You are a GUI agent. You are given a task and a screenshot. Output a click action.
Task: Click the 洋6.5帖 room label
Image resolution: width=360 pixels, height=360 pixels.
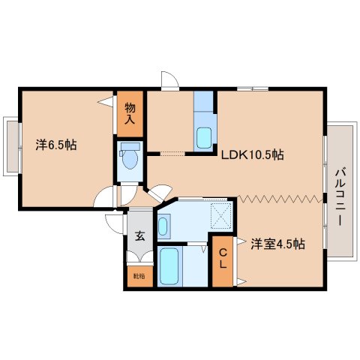coord(56,145)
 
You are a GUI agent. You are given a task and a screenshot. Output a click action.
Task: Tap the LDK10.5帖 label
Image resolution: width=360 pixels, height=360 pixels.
coord(253,154)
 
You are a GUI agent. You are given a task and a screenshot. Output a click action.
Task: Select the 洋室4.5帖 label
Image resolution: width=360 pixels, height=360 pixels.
coord(277,244)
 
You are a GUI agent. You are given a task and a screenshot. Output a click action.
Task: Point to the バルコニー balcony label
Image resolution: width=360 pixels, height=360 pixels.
coord(340,197)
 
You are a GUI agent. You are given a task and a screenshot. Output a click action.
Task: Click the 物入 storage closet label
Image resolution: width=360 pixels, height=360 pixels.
coord(130,114)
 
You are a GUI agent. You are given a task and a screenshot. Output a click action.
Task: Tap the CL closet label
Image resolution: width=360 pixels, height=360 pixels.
coord(223,259)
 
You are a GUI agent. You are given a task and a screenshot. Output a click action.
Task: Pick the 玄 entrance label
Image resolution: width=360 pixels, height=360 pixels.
coord(140,236)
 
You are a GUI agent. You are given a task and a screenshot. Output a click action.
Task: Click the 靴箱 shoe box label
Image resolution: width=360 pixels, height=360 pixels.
coord(139,277)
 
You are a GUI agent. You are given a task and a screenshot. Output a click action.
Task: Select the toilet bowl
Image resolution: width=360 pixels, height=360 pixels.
coord(130,159)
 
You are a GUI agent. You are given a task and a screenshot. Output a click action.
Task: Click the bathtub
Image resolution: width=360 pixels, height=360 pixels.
coord(169,266)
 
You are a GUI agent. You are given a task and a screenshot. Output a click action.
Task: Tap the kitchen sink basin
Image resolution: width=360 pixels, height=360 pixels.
coord(204,138)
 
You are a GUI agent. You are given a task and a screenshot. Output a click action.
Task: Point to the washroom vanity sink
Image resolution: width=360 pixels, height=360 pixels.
coord(163,226)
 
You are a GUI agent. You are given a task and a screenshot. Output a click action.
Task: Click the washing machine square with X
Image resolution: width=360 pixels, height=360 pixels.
coord(221,215)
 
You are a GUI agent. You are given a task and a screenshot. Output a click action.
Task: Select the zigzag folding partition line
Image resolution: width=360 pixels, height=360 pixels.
coord(279,199)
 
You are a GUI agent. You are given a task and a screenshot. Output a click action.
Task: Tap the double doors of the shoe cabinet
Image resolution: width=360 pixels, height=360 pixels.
coord(140,256)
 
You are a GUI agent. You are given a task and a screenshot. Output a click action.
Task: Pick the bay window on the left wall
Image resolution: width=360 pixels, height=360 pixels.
coord(12,147)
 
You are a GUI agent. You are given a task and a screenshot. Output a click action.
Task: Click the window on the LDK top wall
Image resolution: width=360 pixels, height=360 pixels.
coord(253,88)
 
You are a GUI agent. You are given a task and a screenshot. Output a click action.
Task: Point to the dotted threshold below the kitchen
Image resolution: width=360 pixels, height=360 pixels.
coord(172,154)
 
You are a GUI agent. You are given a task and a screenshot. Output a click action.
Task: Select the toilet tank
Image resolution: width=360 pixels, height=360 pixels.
coord(130,146)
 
